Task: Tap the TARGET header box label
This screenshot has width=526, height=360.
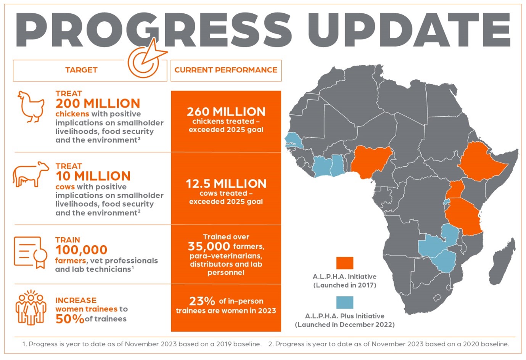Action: [81, 70]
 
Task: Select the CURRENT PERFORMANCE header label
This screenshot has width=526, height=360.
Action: [226, 70]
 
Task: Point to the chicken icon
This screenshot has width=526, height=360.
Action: [31, 106]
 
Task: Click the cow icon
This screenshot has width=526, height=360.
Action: [31, 175]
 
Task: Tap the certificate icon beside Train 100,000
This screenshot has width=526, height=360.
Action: [30, 252]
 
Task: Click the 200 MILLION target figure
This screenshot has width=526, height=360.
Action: [98, 103]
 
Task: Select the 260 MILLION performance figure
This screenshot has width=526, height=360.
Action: [226, 112]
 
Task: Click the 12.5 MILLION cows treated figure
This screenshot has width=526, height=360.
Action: [226, 184]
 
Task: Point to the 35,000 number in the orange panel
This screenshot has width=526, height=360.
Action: [209, 246]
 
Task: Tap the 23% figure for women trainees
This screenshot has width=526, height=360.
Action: [202, 301]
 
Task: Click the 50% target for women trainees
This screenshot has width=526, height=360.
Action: [70, 319]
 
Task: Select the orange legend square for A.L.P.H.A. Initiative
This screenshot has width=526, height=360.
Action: [344, 263]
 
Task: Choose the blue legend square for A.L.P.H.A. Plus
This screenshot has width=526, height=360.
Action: [344, 302]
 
